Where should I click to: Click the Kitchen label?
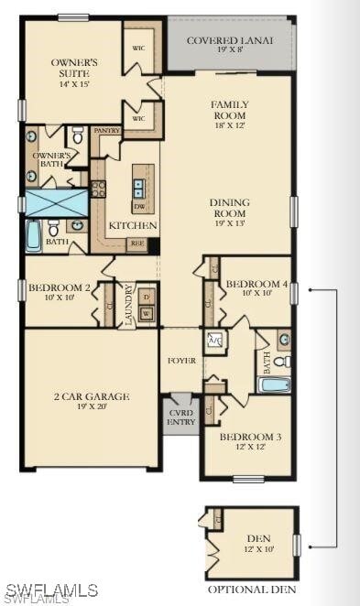[134, 225]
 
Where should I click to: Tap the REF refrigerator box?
[136, 243]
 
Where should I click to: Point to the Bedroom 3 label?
[250, 442]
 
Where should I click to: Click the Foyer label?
[182, 361]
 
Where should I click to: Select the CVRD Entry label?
[181, 417]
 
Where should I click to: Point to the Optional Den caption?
[251, 590]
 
